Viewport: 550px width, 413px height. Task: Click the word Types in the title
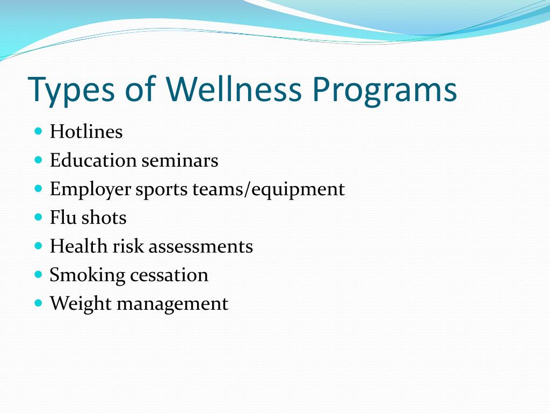point(71,90)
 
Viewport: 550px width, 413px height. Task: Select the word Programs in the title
point(385,90)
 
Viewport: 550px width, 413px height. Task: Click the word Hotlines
point(86,132)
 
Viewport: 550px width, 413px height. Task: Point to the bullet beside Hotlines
point(39,131)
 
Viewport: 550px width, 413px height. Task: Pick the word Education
point(93,160)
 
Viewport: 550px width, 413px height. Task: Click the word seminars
point(180,160)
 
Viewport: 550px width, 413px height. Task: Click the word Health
point(78,246)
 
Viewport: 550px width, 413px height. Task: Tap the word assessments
point(201,247)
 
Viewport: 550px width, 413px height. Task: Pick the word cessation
point(169,275)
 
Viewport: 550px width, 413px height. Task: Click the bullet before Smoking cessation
point(39,274)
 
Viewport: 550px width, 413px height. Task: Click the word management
point(172,305)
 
